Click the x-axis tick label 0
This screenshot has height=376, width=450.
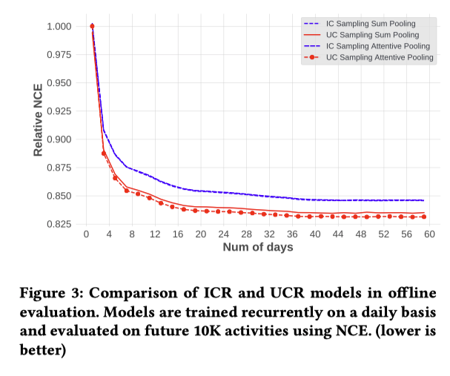(87, 235)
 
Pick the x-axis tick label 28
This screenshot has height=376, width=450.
(246, 235)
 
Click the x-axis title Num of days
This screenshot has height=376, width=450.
(258, 247)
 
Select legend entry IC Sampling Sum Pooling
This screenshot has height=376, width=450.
(371, 24)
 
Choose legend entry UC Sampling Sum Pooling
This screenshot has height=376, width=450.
(371, 35)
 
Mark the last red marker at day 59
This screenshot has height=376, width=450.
(423, 217)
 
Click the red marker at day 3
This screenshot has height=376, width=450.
(104, 154)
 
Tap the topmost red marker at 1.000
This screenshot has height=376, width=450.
(92, 27)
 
